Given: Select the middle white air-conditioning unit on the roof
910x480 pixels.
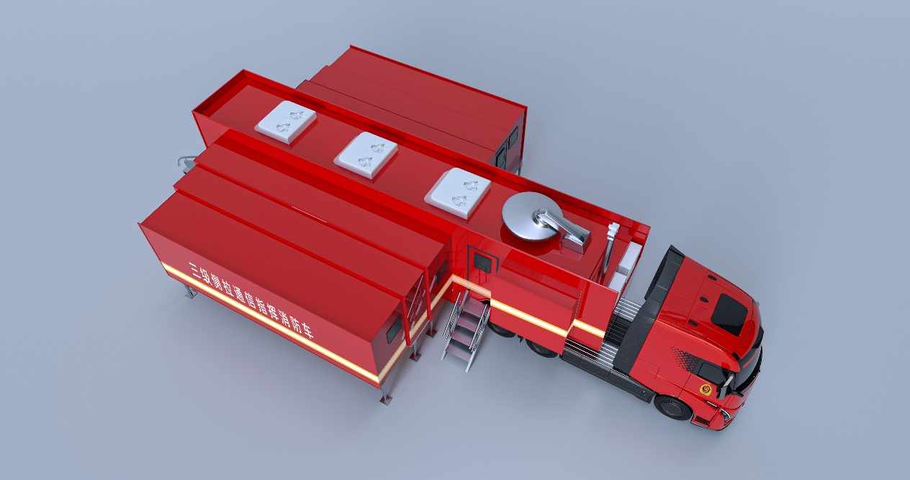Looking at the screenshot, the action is pos(366,153).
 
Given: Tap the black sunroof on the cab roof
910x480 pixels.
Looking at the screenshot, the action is pos(730,309).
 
